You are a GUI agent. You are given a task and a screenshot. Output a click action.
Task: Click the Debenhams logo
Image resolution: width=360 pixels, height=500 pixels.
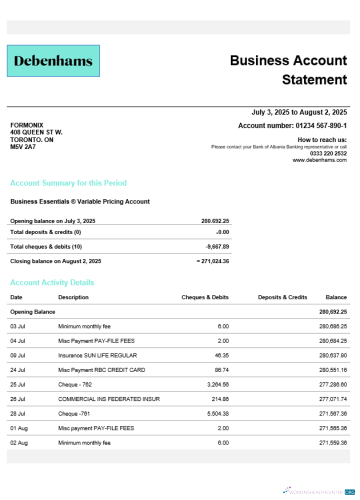pos(53,61)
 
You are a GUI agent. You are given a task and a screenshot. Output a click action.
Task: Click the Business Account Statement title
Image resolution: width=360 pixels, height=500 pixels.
pos(288,70)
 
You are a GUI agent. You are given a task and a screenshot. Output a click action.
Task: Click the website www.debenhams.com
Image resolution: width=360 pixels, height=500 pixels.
pos(319,160)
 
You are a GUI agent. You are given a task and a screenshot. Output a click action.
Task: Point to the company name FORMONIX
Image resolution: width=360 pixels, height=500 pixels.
pos(27,125)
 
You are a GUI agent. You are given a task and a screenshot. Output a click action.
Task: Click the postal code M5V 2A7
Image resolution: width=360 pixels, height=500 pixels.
pos(23,147)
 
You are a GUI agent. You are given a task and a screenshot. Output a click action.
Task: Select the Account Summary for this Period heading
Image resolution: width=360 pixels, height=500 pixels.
pos(68,183)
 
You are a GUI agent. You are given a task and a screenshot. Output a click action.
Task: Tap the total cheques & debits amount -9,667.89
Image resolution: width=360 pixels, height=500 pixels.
pos(217,246)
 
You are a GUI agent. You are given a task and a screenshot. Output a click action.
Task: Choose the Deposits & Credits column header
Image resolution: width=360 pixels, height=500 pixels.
pos(282,297)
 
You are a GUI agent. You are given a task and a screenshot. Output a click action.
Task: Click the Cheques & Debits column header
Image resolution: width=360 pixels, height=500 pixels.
pos(205,297)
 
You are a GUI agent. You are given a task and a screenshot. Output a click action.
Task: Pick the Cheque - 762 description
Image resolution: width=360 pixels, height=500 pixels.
pos(75,384)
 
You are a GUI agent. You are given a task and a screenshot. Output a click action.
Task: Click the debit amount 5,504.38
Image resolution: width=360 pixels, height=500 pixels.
pos(216,413)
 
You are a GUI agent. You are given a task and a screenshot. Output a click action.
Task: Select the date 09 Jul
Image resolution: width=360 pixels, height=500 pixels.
pos(17,355)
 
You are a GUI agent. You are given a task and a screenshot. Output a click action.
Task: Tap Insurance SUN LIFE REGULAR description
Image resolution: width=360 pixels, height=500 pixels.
pos(97,355)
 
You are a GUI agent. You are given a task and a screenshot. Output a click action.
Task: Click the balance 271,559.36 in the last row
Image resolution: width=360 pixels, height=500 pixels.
pos(332,442)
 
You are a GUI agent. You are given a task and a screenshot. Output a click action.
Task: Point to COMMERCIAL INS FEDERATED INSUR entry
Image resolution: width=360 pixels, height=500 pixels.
pos(109,399)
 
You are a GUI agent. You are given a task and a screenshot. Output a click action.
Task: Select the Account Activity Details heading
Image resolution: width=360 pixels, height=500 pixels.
pos(52,282)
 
